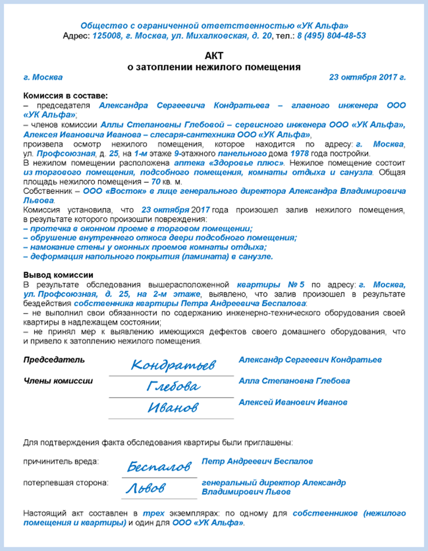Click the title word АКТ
click(x=214, y=56)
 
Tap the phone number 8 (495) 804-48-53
click(x=331, y=36)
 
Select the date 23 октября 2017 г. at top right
click(x=367, y=77)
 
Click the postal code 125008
click(x=107, y=36)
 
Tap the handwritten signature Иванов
click(x=173, y=408)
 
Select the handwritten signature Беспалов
click(x=159, y=467)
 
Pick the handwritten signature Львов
click(x=146, y=488)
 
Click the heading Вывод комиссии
click(x=58, y=275)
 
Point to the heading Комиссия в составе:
click(x=66, y=96)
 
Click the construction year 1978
click(x=299, y=154)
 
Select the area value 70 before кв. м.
click(x=156, y=182)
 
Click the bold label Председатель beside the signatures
click(x=54, y=360)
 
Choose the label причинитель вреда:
click(x=61, y=462)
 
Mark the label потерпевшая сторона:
click(x=66, y=483)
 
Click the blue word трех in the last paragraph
click(x=153, y=514)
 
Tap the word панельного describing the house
click(x=242, y=154)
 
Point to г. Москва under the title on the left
click(x=43, y=77)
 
